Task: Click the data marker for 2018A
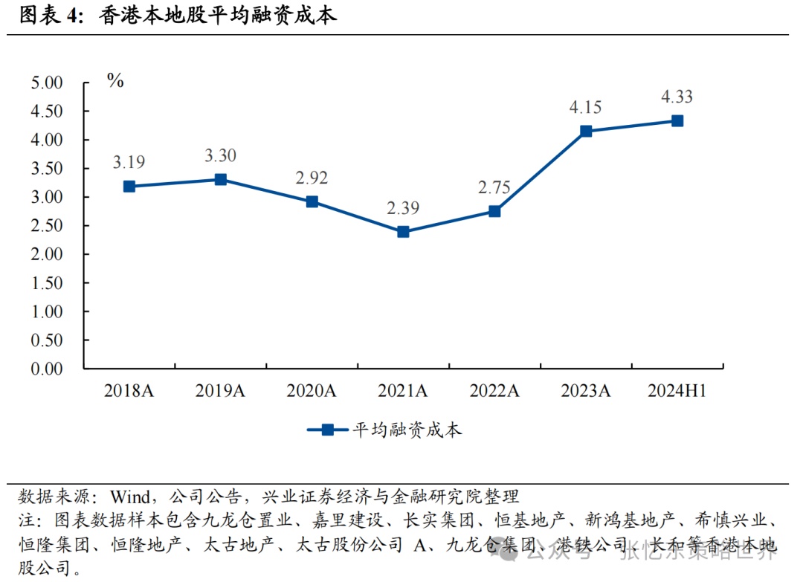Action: [x=129, y=187]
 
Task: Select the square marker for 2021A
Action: [x=403, y=232]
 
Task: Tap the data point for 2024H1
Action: [x=677, y=120]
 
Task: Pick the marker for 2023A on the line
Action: [x=586, y=131]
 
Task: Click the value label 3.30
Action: [x=220, y=156]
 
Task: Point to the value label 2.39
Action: [x=403, y=208]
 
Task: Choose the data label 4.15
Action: [x=586, y=107]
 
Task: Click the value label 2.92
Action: [x=312, y=178]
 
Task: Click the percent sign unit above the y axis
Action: [x=115, y=81]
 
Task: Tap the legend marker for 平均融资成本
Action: [x=327, y=430]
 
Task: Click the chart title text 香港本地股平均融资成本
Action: [x=217, y=16]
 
